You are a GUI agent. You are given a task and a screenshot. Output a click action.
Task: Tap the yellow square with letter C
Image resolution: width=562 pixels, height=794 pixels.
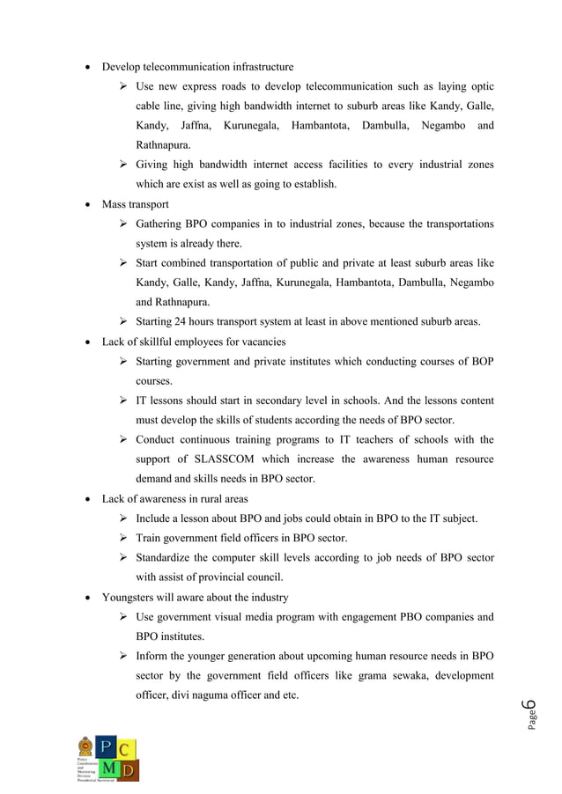click(x=128, y=748)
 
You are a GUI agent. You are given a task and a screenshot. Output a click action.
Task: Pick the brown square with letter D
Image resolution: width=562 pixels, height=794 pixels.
click(x=128, y=770)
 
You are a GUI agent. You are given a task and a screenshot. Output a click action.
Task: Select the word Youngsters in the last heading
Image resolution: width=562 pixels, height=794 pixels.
click(x=129, y=597)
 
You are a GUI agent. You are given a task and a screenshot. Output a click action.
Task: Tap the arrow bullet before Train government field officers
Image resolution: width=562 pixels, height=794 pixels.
click(x=124, y=538)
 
